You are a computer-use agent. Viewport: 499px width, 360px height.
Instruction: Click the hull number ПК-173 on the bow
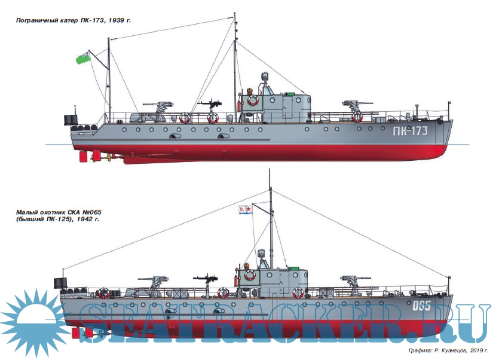pyautogui.click(x=410, y=132)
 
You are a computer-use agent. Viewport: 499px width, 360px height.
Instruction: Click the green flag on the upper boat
pyautogui.click(x=83, y=57)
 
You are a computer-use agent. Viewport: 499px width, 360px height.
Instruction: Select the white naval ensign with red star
pyautogui.click(x=244, y=209)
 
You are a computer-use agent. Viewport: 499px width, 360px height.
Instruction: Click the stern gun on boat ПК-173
pyautogui.click(x=157, y=107)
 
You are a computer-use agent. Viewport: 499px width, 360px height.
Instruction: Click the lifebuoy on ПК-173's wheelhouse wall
pyautogui.click(x=253, y=100)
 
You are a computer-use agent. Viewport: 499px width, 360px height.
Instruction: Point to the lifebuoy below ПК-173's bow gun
pyautogui.click(x=357, y=117)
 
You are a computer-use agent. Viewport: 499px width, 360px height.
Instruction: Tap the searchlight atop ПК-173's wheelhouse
pyautogui.click(x=264, y=78)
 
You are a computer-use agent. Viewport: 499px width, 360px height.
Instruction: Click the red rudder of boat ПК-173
pyautogui.click(x=93, y=157)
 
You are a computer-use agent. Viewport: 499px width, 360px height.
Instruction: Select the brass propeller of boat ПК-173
pyautogui.click(x=109, y=158)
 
